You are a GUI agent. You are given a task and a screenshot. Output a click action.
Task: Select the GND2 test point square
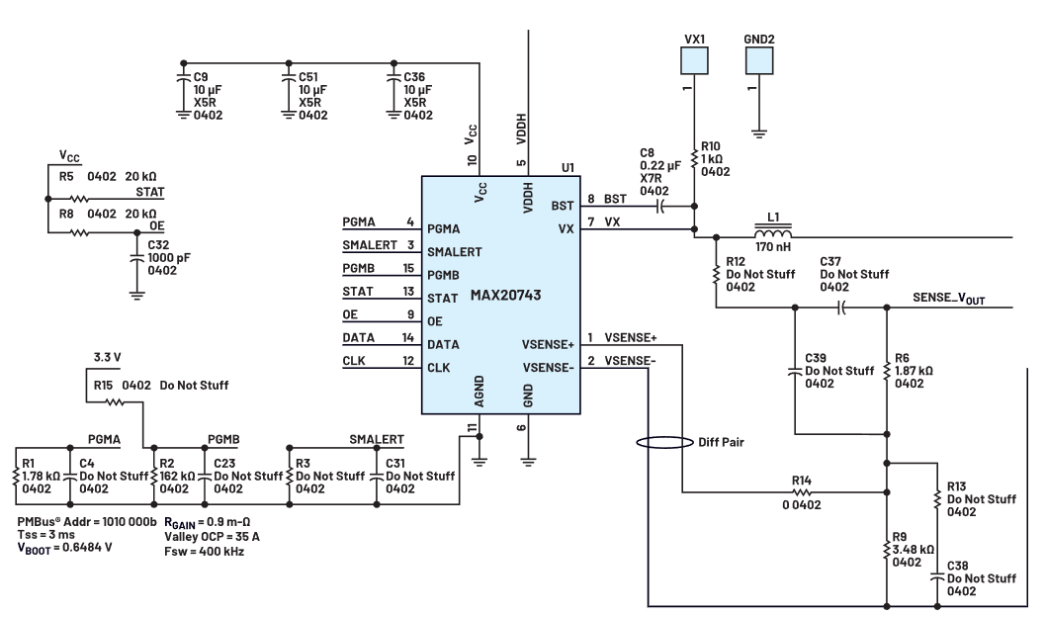[758, 61]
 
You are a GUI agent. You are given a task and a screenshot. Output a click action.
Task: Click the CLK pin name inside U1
[440, 368]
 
